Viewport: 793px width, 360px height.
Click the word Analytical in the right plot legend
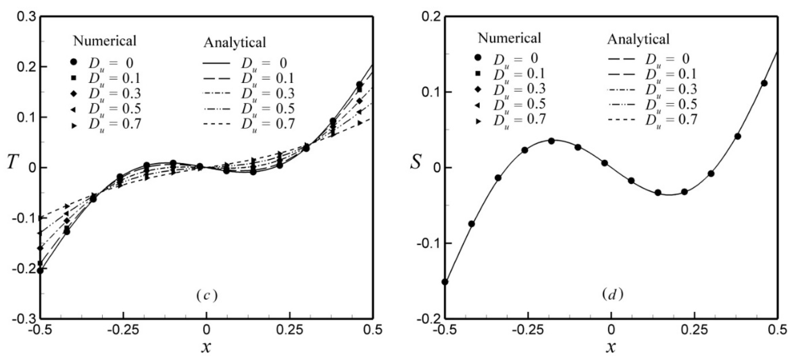pyautogui.click(x=639, y=48)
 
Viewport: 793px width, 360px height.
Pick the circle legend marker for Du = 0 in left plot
pyautogui.click(x=74, y=62)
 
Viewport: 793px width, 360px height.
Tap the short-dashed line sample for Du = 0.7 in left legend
pyautogui.click(x=216, y=124)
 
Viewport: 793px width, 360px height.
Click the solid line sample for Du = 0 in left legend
pyautogui.click(x=216, y=63)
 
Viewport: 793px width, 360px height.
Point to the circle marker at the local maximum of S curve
pyautogui.click(x=551, y=141)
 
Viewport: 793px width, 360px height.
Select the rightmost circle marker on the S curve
pyautogui.click(x=764, y=83)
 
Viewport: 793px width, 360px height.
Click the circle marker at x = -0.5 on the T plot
pyautogui.click(x=40, y=271)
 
